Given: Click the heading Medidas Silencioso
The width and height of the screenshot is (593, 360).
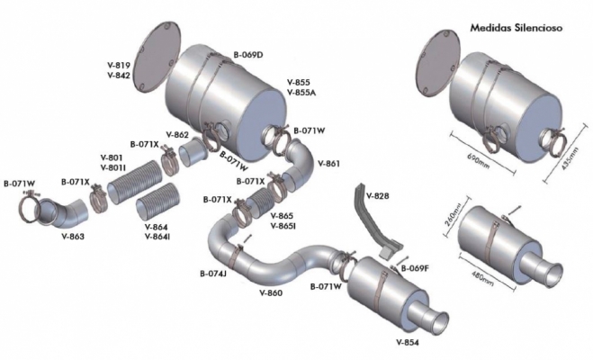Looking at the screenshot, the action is tap(517, 28).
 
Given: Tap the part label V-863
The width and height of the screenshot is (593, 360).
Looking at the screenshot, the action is tap(73, 237).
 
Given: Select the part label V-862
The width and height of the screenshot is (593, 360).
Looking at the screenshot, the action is tap(177, 134).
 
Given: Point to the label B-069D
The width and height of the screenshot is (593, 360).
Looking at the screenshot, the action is tap(248, 55).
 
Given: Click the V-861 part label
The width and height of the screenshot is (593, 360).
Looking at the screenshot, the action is tap(328, 164).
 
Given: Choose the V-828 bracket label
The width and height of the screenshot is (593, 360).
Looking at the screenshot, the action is tap(377, 196).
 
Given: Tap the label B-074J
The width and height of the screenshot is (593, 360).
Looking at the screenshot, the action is tap(213, 273).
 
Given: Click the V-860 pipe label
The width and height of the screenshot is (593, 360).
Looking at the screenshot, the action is tap(271, 292).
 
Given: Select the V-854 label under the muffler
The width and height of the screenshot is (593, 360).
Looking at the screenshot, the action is tap(408, 343).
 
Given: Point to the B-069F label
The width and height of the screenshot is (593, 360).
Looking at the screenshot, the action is tap(415, 269).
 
